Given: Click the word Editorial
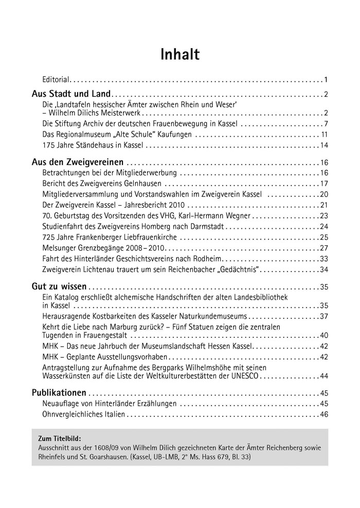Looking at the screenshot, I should click(55, 80).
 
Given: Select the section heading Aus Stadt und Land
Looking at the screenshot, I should click(71, 94).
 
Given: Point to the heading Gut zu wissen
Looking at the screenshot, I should click(59, 286).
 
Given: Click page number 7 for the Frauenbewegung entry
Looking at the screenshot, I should click(326, 124).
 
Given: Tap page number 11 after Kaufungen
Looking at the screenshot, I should click(325, 135).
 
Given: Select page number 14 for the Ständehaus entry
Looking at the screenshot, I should click(324, 146).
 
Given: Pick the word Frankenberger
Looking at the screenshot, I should click(94, 237).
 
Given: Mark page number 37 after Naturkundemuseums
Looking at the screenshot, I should click(324, 316).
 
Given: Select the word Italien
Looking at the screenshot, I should click(113, 414).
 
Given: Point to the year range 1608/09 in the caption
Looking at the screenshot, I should click(99, 447).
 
